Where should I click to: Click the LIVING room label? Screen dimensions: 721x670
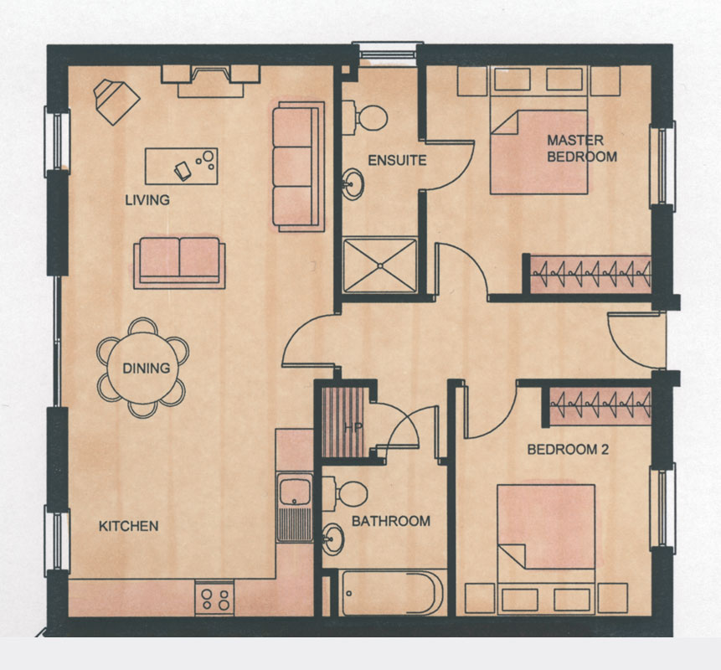(x=147, y=200)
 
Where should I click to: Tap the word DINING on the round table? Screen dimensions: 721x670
(x=147, y=368)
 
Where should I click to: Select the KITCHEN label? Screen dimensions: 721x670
(x=129, y=526)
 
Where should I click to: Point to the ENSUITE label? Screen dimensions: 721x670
(x=397, y=161)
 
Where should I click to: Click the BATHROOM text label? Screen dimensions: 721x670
(x=391, y=521)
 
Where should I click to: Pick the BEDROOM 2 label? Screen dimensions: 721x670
(x=568, y=449)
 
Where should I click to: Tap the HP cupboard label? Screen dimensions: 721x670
(x=353, y=428)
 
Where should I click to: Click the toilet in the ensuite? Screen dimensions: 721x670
(x=364, y=118)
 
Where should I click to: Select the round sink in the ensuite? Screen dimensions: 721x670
(x=353, y=184)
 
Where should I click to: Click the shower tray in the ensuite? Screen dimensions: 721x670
(x=380, y=265)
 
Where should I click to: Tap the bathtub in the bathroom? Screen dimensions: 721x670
(x=391, y=593)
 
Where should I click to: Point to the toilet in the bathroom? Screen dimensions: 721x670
(x=345, y=494)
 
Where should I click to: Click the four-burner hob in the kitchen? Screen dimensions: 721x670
(x=214, y=598)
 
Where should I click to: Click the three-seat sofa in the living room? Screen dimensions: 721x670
(x=298, y=167)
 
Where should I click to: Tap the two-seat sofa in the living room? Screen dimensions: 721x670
(x=179, y=263)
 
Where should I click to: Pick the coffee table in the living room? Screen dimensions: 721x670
(x=181, y=166)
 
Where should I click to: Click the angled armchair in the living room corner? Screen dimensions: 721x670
(x=116, y=101)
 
